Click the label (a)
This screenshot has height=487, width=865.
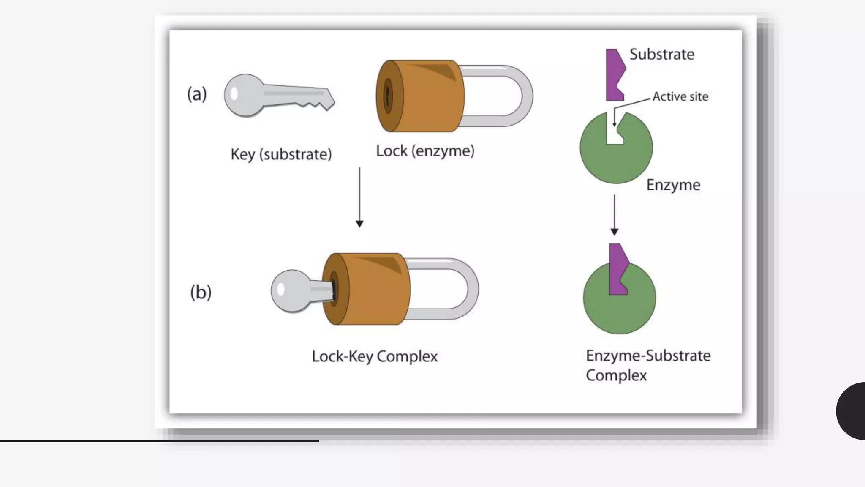click(x=197, y=94)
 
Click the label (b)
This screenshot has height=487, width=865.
click(x=201, y=292)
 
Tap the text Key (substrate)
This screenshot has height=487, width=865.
click(x=281, y=154)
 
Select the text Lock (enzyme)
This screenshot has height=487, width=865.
click(x=425, y=151)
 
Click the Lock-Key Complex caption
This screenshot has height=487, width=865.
click(x=374, y=356)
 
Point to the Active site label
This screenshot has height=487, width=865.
click(x=680, y=96)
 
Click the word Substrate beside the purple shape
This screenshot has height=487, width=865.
click(x=661, y=55)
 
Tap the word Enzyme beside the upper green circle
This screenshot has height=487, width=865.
click(x=673, y=185)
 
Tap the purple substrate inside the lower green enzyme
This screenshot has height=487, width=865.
click(x=618, y=271)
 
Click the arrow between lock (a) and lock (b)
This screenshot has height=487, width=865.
click(x=359, y=197)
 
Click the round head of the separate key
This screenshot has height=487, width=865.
click(x=243, y=96)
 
